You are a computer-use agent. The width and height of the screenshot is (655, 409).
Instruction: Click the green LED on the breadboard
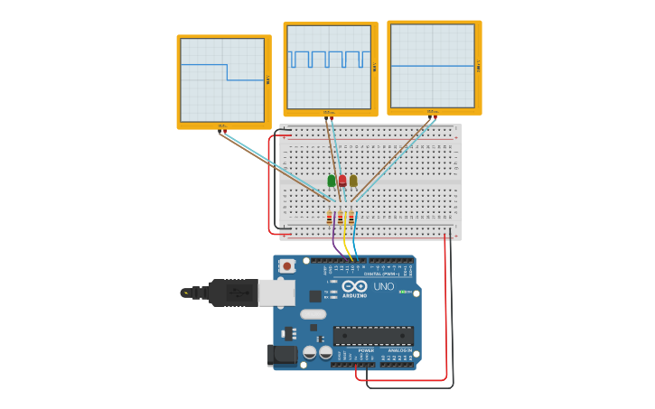point(332,181)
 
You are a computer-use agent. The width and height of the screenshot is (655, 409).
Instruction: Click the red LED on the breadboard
point(342,181)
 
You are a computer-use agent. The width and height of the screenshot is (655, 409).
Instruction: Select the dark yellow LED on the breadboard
point(353,181)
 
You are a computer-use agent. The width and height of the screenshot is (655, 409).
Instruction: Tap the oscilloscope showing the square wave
point(330,68)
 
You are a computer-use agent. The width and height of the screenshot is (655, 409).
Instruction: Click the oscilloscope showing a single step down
point(223,80)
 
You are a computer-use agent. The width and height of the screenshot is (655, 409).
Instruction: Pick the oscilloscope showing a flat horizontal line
point(433,66)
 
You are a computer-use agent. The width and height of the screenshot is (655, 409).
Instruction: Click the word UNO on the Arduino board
point(384,287)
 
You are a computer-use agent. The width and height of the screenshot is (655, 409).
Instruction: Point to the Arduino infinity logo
point(354,287)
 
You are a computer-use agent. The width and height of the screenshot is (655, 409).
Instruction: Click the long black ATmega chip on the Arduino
point(373,336)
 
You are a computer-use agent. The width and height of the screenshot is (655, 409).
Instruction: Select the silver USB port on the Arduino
point(276,292)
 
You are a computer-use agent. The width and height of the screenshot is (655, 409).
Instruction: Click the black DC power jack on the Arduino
point(282,355)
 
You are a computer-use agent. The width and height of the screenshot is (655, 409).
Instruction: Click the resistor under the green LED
point(330,218)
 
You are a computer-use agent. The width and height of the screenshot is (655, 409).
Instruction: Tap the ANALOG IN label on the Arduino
point(398,350)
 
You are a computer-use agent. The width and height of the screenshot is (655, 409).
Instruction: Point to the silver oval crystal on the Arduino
point(313,314)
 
